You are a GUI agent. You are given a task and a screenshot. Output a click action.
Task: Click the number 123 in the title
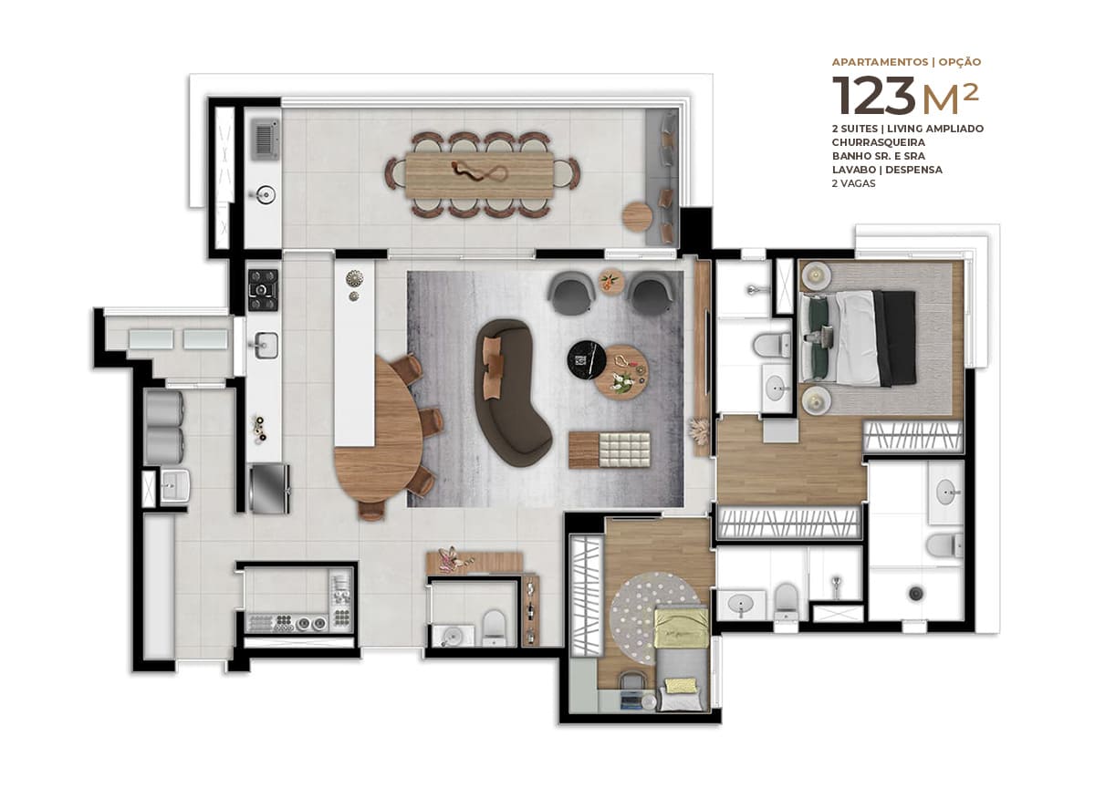click(x=873, y=95)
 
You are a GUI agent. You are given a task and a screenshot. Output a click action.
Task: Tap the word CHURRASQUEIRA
click(x=878, y=142)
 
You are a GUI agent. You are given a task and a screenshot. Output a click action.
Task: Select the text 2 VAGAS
click(x=853, y=183)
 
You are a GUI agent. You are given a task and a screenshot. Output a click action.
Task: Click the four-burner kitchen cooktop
click(x=263, y=290)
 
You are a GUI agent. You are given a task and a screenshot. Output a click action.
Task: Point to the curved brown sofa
click(x=511, y=391)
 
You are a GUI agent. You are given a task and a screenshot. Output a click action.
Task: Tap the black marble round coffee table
click(x=587, y=359)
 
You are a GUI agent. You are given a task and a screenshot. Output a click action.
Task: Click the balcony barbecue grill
click(x=266, y=140)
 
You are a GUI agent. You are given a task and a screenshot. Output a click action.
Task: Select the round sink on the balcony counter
click(x=266, y=194)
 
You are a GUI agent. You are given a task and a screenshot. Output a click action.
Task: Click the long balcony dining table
click(x=480, y=174)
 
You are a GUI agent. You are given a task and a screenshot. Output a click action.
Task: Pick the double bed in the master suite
click(x=858, y=338)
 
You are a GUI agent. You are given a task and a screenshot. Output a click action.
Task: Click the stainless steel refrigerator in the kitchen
click(x=269, y=488)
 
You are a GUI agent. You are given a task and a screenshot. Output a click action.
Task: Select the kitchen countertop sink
click(x=266, y=345)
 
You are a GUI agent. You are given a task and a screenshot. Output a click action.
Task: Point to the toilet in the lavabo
click(x=493, y=627)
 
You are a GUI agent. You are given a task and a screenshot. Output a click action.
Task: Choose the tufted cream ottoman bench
click(x=625, y=449)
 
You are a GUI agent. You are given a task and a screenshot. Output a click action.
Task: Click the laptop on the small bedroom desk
click(x=630, y=700)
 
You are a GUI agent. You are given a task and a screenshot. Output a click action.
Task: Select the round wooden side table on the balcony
click(x=637, y=215)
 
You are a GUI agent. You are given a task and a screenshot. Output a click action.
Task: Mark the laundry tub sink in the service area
click(x=175, y=486)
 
